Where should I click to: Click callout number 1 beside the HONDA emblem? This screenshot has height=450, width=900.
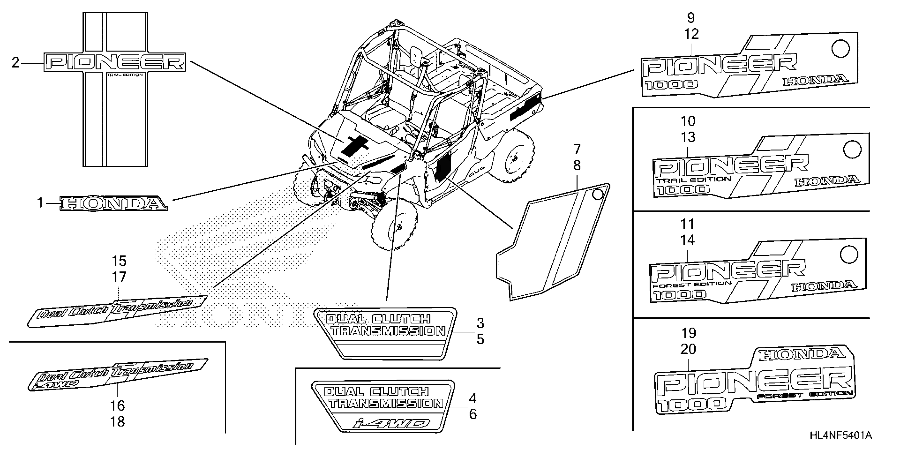click(40, 203)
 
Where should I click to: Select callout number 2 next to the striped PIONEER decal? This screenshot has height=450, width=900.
click(15, 63)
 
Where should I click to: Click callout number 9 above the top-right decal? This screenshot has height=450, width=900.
click(691, 18)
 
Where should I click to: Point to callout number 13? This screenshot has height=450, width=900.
click(688, 137)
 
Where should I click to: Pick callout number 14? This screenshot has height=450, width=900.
click(687, 240)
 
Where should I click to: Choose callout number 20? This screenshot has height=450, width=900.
click(688, 349)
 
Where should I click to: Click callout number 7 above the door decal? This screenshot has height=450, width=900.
click(577, 150)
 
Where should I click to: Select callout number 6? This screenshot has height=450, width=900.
click(473, 414)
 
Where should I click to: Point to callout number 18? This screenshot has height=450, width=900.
click(117, 422)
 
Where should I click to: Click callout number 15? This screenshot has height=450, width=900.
click(119, 261)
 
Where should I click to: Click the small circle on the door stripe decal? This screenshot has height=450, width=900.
click(598, 194)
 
